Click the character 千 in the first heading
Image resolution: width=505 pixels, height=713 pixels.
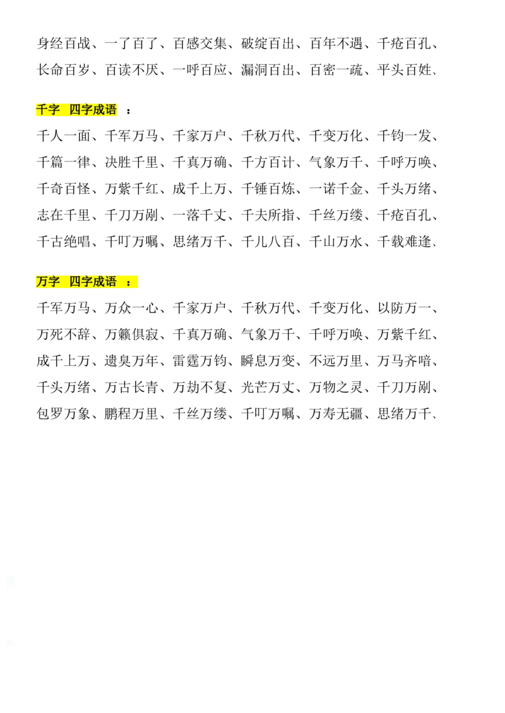pyautogui.click(x=42, y=110)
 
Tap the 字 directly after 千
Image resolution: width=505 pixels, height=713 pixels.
pyautogui.click(x=54, y=110)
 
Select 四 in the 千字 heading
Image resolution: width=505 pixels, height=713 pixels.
pyautogui.click(x=75, y=110)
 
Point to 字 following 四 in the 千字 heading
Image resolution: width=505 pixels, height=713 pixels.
pyautogui.click(x=87, y=110)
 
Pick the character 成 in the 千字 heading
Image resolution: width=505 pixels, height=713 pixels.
pyautogui.click(x=99, y=110)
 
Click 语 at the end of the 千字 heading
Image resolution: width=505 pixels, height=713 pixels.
pyautogui.click(x=111, y=110)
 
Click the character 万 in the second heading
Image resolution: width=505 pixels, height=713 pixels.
pyautogui.click(x=42, y=282)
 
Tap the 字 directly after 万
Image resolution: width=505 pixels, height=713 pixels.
pyautogui.click(x=54, y=282)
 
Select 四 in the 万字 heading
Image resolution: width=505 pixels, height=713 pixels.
pyautogui.click(x=75, y=282)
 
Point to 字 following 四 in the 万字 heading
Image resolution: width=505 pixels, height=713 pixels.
pyautogui.click(x=87, y=282)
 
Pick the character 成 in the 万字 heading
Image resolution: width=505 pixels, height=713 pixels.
pyautogui.click(x=99, y=282)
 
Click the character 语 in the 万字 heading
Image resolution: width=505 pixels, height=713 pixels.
pyautogui.click(x=111, y=282)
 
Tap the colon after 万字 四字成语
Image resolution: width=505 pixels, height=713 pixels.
pyautogui.click(x=129, y=283)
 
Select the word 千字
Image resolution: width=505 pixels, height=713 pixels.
pyautogui.click(x=47, y=110)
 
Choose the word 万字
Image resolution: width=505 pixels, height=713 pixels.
pyautogui.click(x=47, y=282)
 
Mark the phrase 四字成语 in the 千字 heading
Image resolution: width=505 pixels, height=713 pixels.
pyautogui.click(x=93, y=110)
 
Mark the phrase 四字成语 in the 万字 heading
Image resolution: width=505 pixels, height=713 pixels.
pyautogui.click(x=93, y=282)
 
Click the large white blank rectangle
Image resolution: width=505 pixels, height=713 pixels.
pyautogui.click(x=240, y=640)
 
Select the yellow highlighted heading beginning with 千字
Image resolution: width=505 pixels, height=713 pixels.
pyautogui.click(x=78, y=110)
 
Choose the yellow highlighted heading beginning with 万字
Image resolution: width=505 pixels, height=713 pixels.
pyautogui.click(x=88, y=283)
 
